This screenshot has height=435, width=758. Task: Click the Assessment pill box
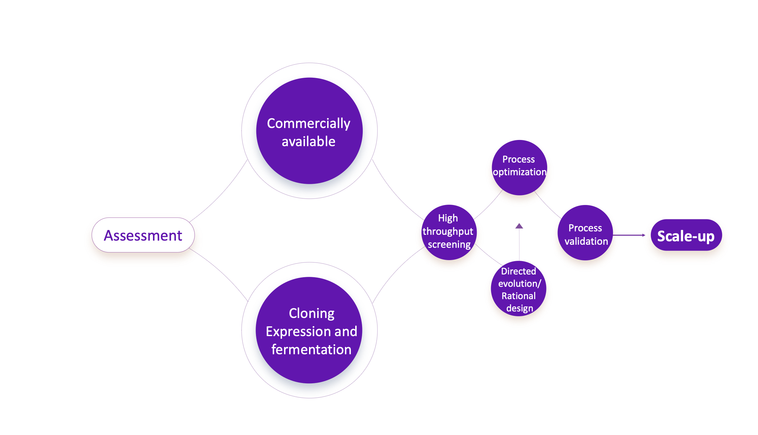tap(143, 235)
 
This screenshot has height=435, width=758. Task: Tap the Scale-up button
tap(686, 235)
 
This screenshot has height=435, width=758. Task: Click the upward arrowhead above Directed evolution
tap(519, 226)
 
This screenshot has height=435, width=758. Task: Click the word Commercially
tap(308, 124)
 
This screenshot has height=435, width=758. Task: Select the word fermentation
tap(311, 350)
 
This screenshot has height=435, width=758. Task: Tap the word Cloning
tap(311, 314)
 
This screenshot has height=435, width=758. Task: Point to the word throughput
tap(448, 232)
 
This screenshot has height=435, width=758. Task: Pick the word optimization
tap(519, 172)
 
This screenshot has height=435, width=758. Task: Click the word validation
tap(586, 241)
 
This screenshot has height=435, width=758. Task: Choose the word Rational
tap(518, 296)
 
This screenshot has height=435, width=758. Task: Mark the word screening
tap(449, 244)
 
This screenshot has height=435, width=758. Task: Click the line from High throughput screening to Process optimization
tap(489, 205)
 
